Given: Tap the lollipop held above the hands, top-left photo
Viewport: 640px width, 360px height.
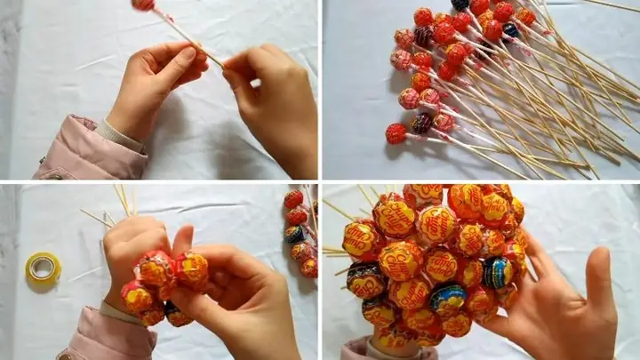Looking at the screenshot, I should [x=143, y=4].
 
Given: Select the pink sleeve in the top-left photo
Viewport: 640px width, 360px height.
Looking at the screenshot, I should [x=84, y=151].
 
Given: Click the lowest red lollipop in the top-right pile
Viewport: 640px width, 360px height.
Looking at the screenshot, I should [x=396, y=133].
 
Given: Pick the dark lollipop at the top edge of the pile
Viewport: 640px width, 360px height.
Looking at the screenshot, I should [x=460, y=4].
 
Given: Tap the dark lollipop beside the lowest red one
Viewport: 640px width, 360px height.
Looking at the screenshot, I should [x=421, y=123].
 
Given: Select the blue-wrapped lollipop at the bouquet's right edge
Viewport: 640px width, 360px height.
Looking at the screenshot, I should [x=497, y=272].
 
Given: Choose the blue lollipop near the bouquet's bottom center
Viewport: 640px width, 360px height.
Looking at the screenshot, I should [x=448, y=299].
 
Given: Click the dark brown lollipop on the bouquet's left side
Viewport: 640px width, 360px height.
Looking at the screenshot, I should [x=364, y=280].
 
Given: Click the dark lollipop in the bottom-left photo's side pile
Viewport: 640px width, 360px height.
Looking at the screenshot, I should [x=294, y=234].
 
